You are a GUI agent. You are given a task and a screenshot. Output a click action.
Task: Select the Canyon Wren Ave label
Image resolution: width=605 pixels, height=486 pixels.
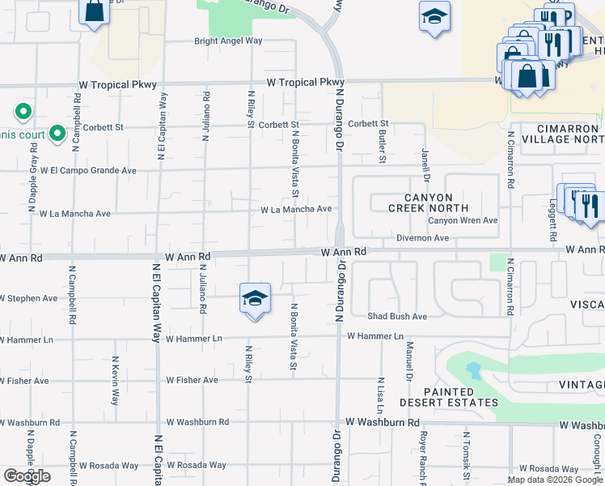click(463, 220)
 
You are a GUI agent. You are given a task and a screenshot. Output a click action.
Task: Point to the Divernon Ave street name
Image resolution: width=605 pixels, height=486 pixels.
click(422, 238)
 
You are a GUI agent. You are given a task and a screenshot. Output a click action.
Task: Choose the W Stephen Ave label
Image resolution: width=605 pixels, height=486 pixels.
click(29, 298)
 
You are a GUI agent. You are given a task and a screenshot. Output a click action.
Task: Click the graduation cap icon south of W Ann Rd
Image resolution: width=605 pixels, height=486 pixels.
click(254, 299)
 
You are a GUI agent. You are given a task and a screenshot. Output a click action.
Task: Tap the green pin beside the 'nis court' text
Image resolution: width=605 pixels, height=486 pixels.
click(57, 132)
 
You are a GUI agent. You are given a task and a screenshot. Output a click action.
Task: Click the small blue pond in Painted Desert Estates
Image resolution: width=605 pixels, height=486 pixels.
click(472, 372)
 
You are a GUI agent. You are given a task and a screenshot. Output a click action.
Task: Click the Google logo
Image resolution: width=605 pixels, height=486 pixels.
click(27, 476)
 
